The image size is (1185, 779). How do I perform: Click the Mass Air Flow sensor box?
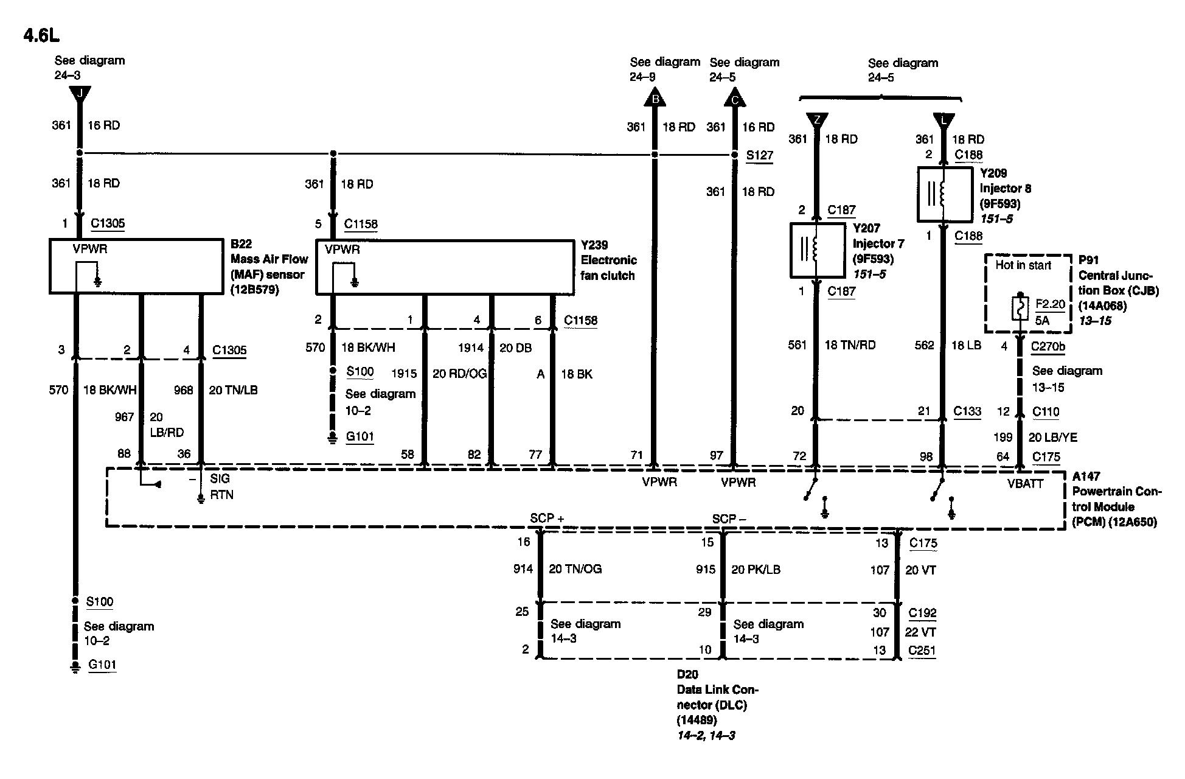click(x=136, y=267)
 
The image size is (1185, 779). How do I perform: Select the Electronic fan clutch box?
click(x=445, y=268)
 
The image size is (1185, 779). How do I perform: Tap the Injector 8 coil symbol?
click(x=943, y=194)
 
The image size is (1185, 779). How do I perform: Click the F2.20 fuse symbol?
click(x=1018, y=309)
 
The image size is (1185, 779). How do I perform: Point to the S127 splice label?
click(x=760, y=155)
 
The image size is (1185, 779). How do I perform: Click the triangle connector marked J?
click(x=80, y=95)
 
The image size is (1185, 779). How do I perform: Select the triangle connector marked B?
click(x=655, y=99)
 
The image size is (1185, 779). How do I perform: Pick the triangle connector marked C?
click(x=734, y=99)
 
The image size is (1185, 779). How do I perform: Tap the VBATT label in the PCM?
click(x=1025, y=484)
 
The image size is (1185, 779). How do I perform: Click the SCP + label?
click(x=547, y=519)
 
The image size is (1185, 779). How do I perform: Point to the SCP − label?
click(x=729, y=519)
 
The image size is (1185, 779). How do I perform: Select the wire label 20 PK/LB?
click(x=756, y=570)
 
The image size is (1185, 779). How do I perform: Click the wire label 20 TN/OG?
click(x=575, y=569)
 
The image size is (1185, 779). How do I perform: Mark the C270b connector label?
click(x=1048, y=347)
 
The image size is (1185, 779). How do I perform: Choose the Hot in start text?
click(x=1023, y=265)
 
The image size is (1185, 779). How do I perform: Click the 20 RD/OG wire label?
click(x=459, y=374)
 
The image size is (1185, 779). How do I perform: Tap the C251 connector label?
click(x=922, y=651)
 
